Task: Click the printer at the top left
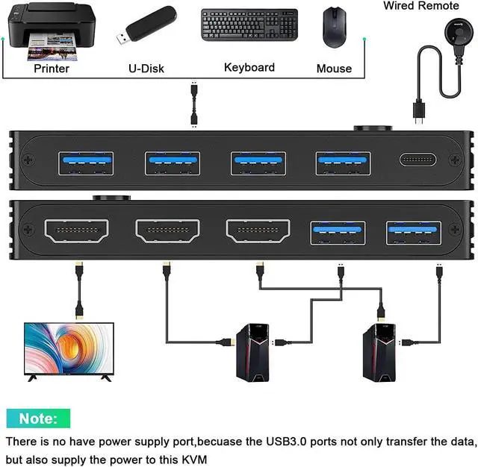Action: pos(51,31)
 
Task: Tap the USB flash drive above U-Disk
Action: pos(146,25)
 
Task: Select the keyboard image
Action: pos(249,25)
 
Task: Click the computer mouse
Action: pos(335,28)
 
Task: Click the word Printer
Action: pos(52,69)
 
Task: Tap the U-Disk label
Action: pos(146,69)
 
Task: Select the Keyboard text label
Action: pos(249,68)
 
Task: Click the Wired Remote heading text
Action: pos(421,6)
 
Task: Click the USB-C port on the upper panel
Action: pos(418,160)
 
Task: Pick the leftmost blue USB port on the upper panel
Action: pos(86,163)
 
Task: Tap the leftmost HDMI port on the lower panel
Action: pos(76,231)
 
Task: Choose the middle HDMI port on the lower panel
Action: pos(167,231)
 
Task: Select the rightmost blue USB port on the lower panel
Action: pos(413,233)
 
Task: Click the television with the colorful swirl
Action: pos(69,352)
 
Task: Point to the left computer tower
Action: pos(252,353)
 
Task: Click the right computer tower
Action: pos(379,353)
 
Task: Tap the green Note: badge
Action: pos(38,419)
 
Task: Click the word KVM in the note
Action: pos(194,460)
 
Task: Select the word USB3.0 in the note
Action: pos(286,442)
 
